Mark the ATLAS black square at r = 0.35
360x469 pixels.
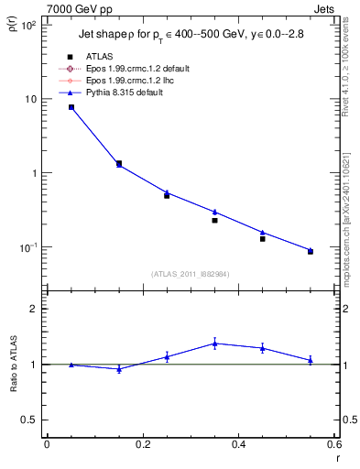coord(214,220)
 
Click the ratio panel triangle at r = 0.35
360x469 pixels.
coord(214,344)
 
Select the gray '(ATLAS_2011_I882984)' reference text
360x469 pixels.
coord(190,273)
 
